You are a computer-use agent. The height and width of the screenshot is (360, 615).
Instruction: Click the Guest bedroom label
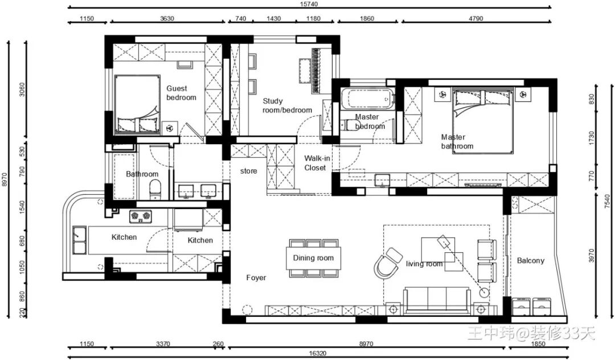181,93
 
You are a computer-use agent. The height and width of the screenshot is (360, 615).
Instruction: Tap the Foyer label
256,277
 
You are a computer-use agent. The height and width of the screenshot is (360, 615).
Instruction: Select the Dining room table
313,258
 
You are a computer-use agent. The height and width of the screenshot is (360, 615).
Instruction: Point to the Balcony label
531,261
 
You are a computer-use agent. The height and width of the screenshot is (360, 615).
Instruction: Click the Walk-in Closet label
317,163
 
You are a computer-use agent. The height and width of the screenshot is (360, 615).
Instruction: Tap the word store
249,171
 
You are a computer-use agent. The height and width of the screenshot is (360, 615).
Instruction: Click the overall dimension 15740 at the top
309,5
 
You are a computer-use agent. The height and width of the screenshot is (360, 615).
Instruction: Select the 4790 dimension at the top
475,18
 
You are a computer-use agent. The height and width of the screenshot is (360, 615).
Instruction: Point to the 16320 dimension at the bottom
317,353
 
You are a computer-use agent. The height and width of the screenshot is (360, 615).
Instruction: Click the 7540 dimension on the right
607,202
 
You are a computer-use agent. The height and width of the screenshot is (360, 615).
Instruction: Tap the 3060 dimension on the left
22,89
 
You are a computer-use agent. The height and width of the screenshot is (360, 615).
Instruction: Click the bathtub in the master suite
367,99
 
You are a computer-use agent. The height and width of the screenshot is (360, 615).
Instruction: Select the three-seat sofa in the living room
437,300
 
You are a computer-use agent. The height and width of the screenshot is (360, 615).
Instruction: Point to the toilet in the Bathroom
155,189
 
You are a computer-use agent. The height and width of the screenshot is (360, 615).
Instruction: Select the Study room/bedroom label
287,106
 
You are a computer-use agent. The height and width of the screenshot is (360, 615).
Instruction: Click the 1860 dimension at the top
367,18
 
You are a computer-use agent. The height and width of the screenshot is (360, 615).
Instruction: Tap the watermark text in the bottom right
531,334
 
